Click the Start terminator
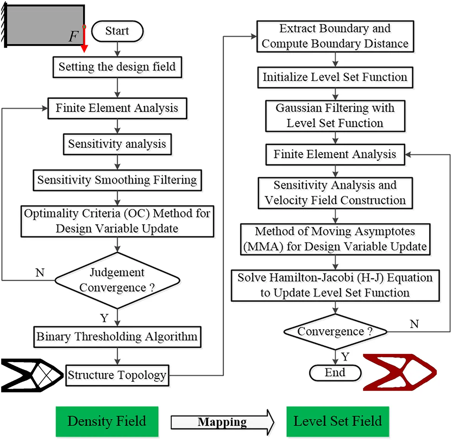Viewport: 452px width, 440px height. pyautogui.click(x=117, y=31)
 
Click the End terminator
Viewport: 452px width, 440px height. pyautogui.click(x=335, y=373)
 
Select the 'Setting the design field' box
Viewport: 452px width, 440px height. pyautogui.click(x=117, y=67)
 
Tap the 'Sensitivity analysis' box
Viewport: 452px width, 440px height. pyautogui.click(x=117, y=144)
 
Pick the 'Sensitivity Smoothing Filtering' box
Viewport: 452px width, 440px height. pyautogui.click(x=117, y=180)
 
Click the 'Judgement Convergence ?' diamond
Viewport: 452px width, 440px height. pyautogui.click(x=117, y=280)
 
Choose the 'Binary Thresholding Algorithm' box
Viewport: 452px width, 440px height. pyautogui.click(x=117, y=337)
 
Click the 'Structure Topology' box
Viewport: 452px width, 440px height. pyautogui.click(x=117, y=375)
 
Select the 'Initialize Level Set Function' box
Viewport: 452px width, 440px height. pyautogui.click(x=335, y=77)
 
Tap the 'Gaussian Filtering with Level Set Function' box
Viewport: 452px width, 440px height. pyautogui.click(x=335, y=116)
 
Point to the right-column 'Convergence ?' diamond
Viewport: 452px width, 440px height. pyautogui.click(x=335, y=332)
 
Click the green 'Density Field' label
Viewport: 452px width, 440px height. pyautogui.click(x=107, y=421)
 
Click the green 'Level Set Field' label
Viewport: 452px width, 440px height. pyautogui.click(x=337, y=421)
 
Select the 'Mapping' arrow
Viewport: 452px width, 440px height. pyautogui.click(x=222, y=422)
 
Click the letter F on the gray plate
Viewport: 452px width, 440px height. pyautogui.click(x=73, y=37)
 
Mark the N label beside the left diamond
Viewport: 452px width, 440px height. pyautogui.click(x=40, y=272)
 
